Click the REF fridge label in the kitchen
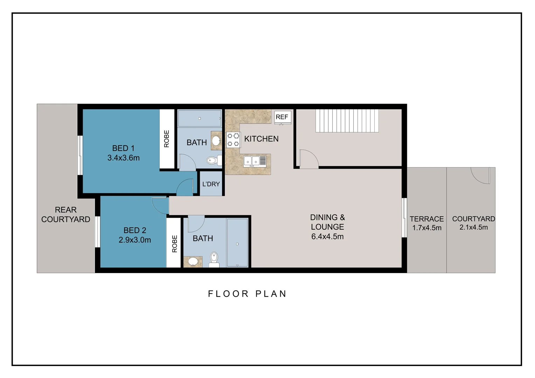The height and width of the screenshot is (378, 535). point(282,117)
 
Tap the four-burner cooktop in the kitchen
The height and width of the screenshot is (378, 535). point(233,140)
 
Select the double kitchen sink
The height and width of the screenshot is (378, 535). point(255,161)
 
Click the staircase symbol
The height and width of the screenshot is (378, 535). point(347,121)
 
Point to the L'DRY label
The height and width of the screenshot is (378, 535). point(211,184)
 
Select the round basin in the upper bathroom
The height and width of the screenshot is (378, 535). point(216,141)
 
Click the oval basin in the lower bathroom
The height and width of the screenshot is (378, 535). point(193,261)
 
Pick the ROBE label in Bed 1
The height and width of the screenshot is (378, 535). point(167,139)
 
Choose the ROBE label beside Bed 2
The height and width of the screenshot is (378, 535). point(175,244)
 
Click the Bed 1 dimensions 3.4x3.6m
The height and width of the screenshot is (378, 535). point(123,158)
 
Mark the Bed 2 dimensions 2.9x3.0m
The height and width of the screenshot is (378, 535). point(135,240)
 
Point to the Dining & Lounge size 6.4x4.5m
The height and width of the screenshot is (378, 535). point(327,237)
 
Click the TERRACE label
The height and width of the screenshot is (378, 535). point(426,219)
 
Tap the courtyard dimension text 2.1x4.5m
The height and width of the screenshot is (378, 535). point(473,227)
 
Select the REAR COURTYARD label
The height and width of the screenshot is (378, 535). point(65,215)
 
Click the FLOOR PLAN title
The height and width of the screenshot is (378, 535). point(247,294)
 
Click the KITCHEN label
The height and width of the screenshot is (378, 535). point(261,139)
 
